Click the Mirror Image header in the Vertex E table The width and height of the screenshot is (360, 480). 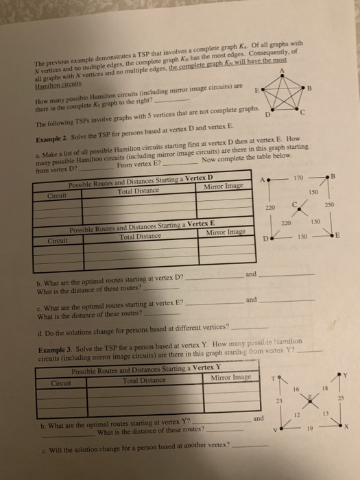(226, 232)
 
